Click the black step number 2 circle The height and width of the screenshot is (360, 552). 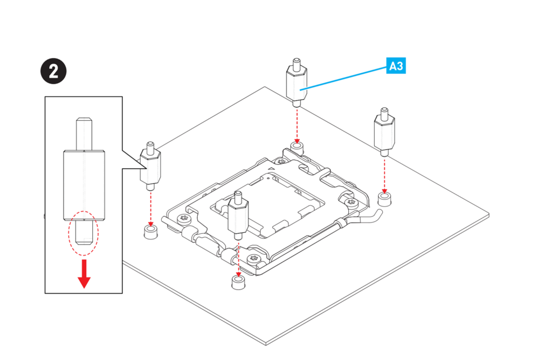pos(53,72)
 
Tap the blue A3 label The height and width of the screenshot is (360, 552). pos(396,66)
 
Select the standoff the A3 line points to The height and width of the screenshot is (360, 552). pos(296,83)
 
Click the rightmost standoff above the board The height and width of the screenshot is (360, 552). pos(384,131)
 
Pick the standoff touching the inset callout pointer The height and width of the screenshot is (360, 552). pos(150,166)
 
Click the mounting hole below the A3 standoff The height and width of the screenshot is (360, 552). pos(297,148)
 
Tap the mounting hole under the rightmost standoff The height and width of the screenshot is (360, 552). pos(384,199)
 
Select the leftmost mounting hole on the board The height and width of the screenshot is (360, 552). pos(151,232)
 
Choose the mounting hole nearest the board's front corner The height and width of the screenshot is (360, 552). pos(238,282)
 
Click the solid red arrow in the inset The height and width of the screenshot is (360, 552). pos(84,274)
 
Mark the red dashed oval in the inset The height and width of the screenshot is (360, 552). pos(84,233)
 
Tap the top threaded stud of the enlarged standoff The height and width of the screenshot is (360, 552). pos(84,133)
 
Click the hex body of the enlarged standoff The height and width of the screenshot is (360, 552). pos(84,185)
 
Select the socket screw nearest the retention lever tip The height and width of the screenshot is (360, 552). pos(351,202)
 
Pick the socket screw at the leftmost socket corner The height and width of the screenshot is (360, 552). pos(184,218)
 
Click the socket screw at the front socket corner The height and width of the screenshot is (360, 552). pos(253,259)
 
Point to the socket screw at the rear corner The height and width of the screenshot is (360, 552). pos(281,162)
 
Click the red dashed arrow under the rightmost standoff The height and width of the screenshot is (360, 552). pos(384,175)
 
